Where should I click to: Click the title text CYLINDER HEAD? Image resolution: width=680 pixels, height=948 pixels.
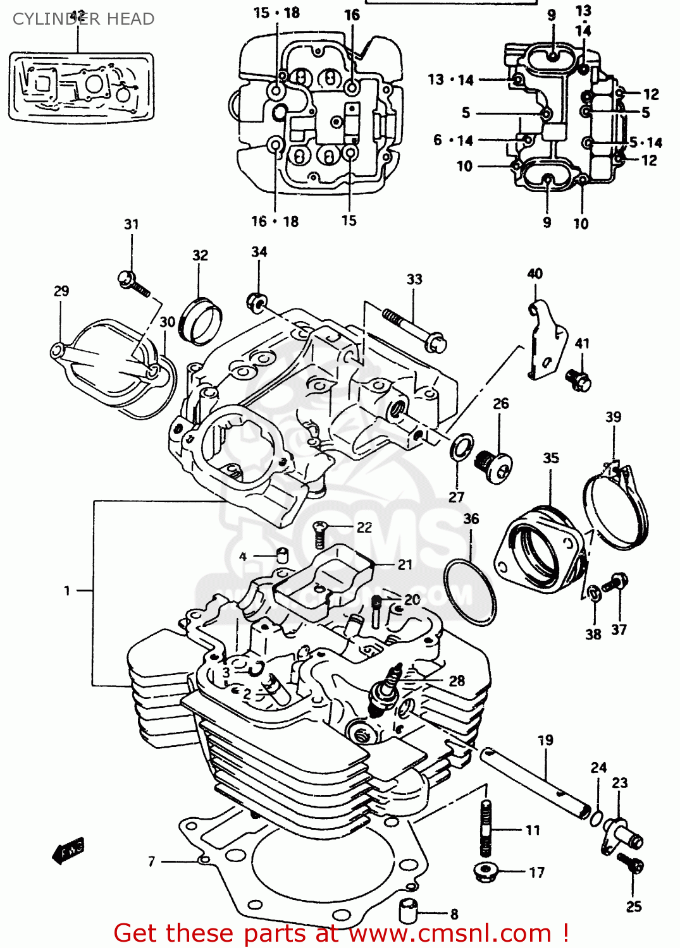(83, 19)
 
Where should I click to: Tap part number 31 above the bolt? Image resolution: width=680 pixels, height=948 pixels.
(131, 224)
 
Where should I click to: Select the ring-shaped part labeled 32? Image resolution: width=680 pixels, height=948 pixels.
(201, 322)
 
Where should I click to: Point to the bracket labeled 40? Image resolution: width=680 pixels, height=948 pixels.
(543, 341)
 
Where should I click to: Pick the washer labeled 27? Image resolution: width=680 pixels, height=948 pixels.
(462, 447)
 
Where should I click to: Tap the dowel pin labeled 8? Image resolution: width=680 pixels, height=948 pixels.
(408, 911)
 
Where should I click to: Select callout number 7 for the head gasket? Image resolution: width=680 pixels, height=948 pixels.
(151, 861)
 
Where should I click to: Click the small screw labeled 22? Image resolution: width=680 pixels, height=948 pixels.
(321, 535)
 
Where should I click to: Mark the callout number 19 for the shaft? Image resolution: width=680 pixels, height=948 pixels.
(545, 740)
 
